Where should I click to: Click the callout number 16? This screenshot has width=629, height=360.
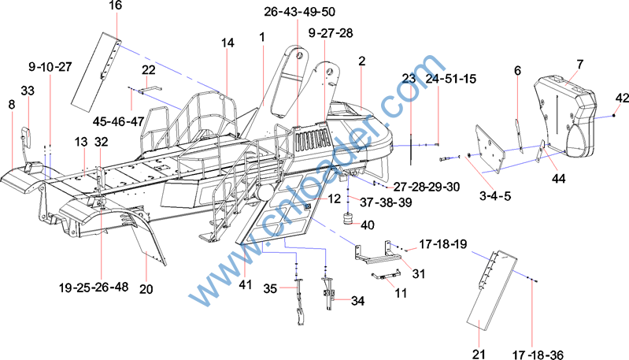click(115, 6)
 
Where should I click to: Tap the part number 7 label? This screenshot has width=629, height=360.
click(579, 64)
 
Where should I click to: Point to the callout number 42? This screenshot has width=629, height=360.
click(622, 98)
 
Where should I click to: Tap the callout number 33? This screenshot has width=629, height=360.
click(28, 91)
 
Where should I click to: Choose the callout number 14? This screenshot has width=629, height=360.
click(228, 43)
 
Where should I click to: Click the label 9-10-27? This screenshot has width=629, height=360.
click(50, 68)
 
